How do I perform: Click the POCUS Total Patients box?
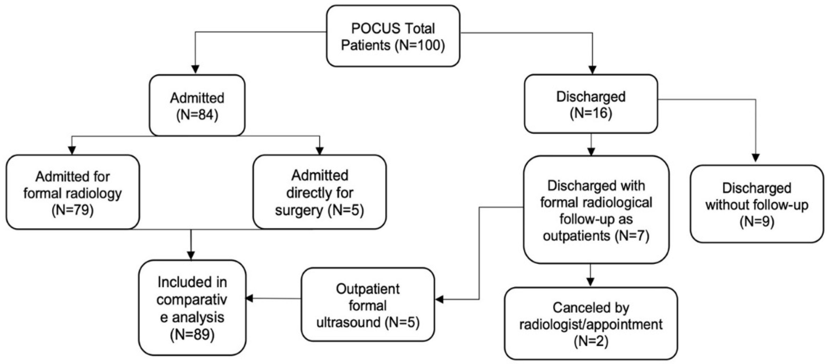[393, 36]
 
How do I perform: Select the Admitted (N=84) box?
[197, 105]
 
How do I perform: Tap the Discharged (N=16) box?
[591, 104]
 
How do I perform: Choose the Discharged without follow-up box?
[757, 204]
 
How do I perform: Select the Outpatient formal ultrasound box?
[368, 304]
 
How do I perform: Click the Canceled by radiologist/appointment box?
[591, 324]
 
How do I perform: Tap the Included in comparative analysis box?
[192, 307]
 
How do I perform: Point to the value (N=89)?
[192, 335]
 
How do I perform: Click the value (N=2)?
[591, 341]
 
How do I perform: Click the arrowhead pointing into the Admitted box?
[196, 70]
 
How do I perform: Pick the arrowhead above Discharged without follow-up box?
[756, 158]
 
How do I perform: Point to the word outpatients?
[576, 236]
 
